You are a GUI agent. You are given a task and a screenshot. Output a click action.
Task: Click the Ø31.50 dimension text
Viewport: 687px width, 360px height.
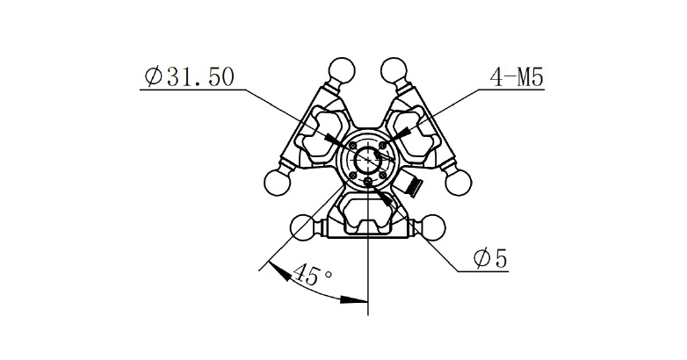click(189, 77)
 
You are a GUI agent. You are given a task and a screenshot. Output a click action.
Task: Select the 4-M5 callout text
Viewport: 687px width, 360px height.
click(517, 78)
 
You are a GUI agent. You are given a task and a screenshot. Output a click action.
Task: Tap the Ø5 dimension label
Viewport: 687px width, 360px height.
click(490, 258)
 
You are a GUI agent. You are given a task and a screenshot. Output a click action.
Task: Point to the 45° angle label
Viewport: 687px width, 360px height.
click(312, 275)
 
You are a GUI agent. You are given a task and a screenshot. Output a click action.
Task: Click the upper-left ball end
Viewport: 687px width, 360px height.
click(342, 69)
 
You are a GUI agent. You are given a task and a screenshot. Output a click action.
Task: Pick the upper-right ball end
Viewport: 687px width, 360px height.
click(394, 69)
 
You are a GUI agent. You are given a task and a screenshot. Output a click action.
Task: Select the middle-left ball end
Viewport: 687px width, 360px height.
click(278, 183)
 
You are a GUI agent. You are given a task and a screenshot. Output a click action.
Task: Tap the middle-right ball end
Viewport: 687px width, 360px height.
click(459, 183)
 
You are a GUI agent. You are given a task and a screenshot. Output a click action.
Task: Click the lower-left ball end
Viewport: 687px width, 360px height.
click(304, 227)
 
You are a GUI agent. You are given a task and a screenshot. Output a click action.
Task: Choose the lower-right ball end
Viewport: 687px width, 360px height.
click(432, 227)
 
